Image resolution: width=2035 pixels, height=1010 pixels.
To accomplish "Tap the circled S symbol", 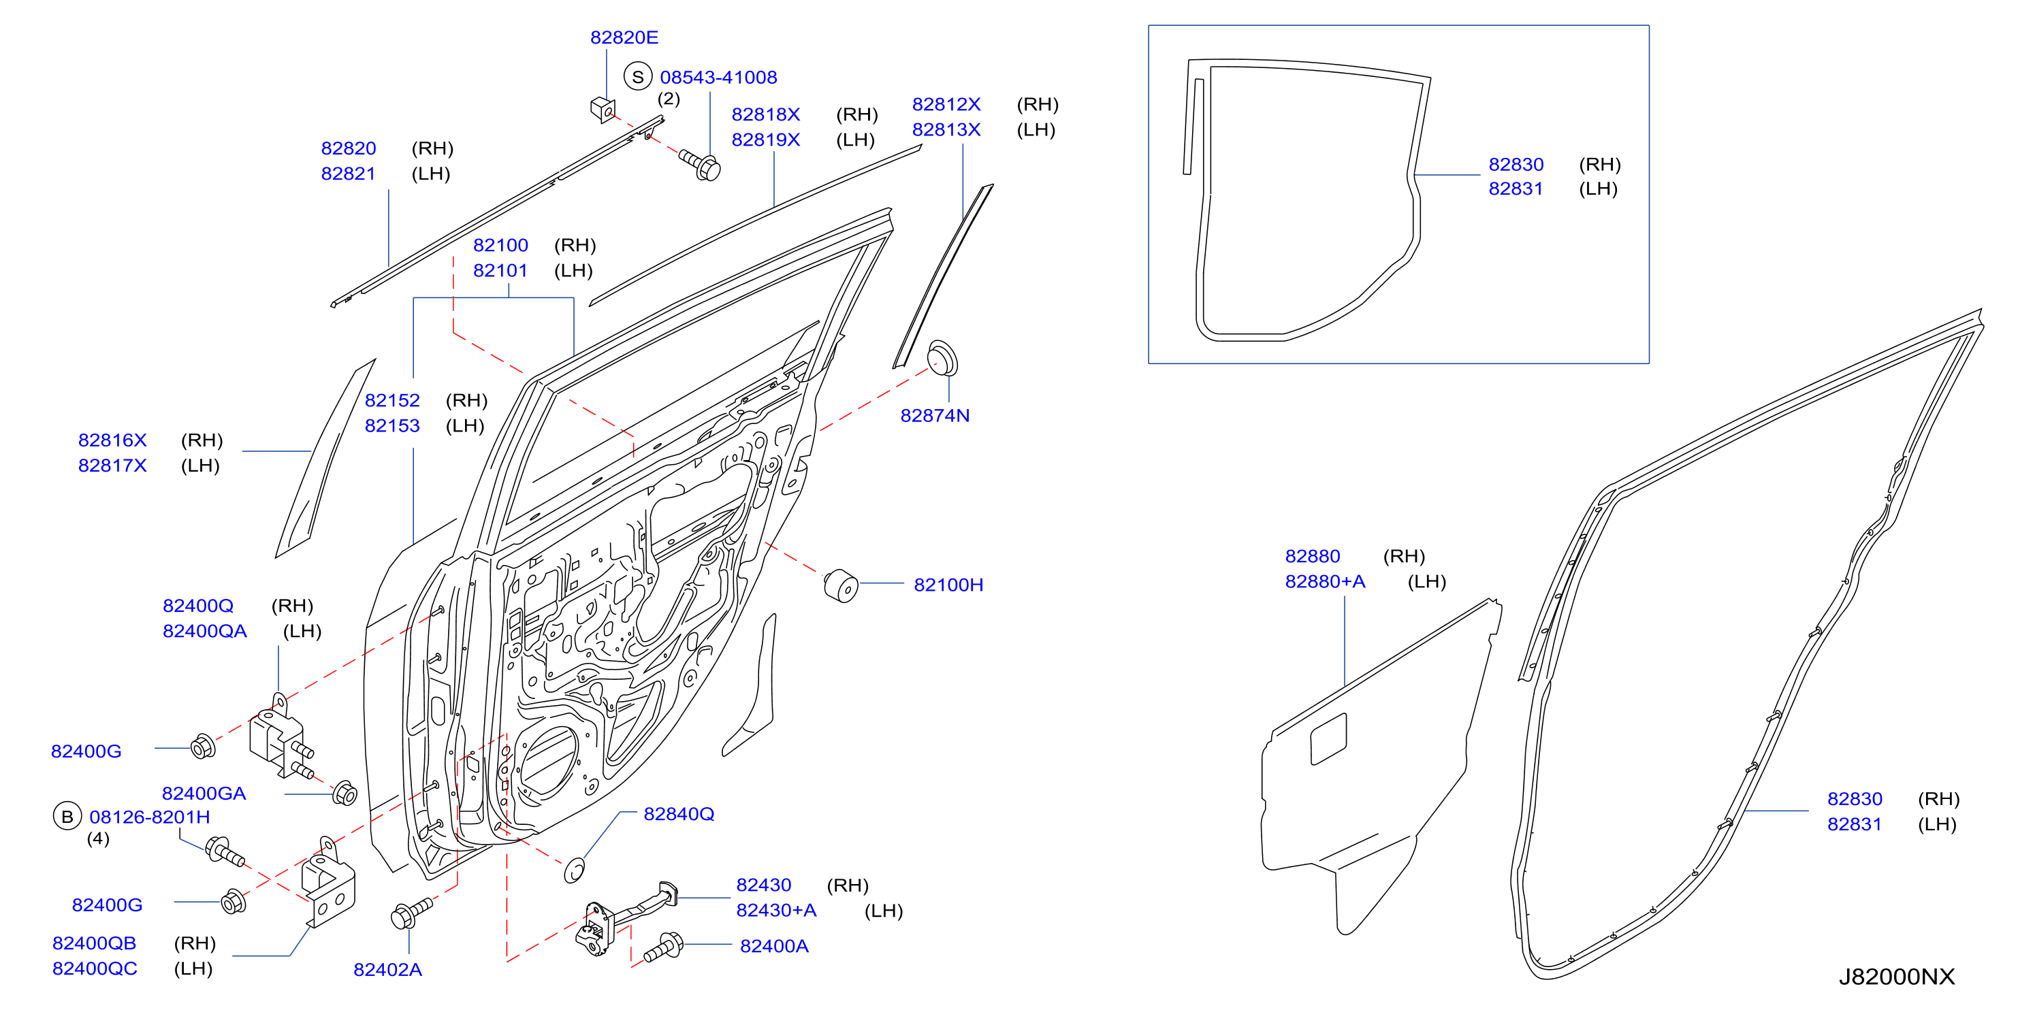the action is coord(637,77).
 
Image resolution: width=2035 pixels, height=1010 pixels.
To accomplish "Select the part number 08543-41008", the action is coord(718,78).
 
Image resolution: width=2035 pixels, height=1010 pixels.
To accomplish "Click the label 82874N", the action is coord(935,415).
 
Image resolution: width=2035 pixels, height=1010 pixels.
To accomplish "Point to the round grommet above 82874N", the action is coord(942,358).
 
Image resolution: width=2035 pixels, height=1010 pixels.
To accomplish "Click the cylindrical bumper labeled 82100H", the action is coord(842,586).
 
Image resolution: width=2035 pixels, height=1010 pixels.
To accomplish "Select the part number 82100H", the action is coord(948,585).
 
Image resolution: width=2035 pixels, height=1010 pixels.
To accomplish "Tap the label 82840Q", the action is coord(679,813).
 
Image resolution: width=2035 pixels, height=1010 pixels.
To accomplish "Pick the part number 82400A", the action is coord(773,945).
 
